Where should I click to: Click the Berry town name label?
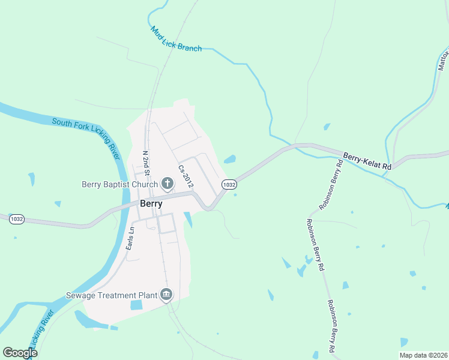[151, 203]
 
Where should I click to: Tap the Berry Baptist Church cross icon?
[167, 184]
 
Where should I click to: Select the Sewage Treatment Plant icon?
[166, 295]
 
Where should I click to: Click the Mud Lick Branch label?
[176, 38]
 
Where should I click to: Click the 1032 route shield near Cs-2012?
[228, 185]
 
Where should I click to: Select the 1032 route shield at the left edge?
[17, 219]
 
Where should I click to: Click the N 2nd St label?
[145, 161]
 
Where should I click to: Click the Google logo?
[20, 353]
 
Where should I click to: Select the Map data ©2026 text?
[423, 355]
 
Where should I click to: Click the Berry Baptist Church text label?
[119, 184]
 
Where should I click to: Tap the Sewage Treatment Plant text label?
[111, 295]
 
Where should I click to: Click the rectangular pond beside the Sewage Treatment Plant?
[137, 305]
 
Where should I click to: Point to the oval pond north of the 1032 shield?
[230, 160]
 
